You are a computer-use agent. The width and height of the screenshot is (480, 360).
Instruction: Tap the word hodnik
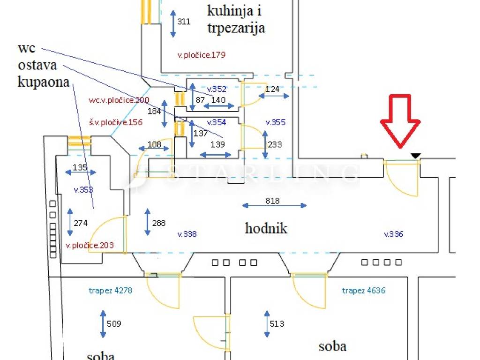pos(266,229)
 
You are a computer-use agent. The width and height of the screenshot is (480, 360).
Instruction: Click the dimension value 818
pos(272,201)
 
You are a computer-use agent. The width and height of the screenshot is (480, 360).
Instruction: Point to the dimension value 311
pos(184,21)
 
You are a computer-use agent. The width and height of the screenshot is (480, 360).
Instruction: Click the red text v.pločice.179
pos(201,55)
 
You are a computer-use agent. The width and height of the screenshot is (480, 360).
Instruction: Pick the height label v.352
pos(217,89)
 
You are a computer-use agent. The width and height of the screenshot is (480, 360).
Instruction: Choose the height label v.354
pos(217,122)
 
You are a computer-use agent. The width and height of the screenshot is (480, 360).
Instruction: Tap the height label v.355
pos(275,122)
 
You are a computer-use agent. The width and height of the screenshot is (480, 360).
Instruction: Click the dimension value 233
pos(275,144)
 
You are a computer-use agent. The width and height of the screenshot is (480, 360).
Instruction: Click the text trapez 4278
pos(111,291)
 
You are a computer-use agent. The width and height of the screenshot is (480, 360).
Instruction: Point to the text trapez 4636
pos(364,291)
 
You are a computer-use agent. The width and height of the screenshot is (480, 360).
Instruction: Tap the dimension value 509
pos(114,323)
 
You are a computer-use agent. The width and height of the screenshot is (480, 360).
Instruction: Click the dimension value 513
pos(277,323)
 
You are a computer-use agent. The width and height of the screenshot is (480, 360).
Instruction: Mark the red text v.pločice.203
pos(90,245)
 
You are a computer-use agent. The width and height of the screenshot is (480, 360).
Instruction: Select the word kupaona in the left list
pos(44,82)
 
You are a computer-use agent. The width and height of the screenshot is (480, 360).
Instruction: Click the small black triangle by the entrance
pos(416,156)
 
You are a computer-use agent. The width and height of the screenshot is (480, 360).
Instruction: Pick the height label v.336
pos(394,234)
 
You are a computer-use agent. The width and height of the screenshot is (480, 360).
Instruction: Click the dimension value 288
pos(159,223)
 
